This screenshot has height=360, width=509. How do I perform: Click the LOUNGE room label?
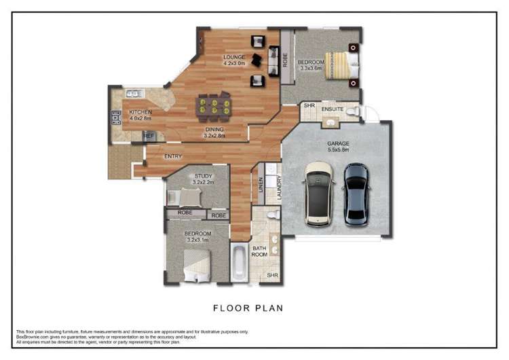234,57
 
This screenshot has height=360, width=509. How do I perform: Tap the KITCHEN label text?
140,112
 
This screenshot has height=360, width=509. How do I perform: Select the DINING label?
214,129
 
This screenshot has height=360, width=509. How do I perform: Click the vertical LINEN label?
261,185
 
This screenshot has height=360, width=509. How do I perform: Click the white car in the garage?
318,194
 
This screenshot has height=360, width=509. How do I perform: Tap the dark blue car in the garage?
357,194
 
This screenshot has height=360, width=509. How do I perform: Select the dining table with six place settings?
214,105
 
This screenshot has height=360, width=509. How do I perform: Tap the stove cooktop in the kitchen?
116,118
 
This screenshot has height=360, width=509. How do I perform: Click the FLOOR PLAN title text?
248,308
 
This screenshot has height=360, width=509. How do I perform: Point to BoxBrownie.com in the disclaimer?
33,336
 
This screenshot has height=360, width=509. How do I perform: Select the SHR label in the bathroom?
272,276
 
